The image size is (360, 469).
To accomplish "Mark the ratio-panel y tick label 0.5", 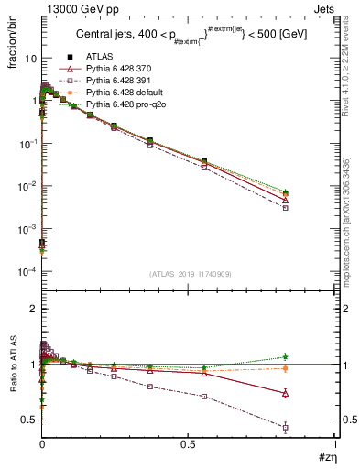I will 28,420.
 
